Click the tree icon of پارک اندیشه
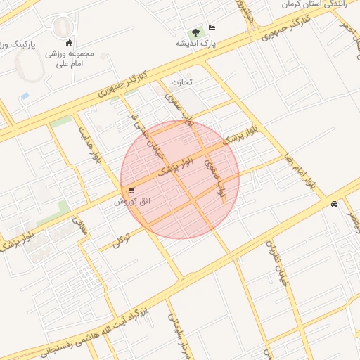195,32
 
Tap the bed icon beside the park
212,28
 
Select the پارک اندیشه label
196,43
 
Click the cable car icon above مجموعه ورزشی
68,42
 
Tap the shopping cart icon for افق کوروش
131,191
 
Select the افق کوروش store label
133,202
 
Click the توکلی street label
121,240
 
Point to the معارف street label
79,230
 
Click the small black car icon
333,205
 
